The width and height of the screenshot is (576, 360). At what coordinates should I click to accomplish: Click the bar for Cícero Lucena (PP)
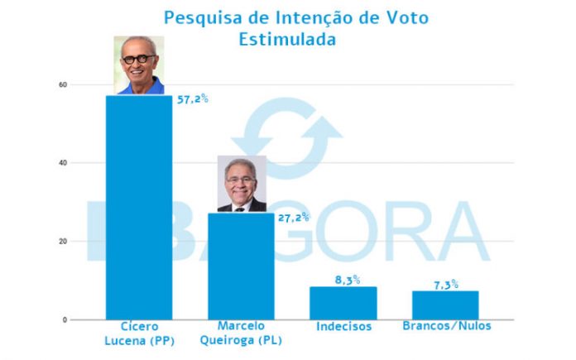139,207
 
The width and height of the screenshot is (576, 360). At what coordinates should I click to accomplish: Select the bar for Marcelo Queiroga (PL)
241,266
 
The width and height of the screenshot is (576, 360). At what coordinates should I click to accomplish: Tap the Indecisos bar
343,303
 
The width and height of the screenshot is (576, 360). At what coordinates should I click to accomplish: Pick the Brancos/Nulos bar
445,305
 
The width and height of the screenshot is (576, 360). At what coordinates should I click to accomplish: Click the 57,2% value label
192,98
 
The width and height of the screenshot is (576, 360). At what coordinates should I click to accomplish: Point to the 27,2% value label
293,217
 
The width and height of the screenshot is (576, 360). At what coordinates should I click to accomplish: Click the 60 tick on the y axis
62,84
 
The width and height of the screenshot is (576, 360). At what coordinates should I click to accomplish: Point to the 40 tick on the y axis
62,163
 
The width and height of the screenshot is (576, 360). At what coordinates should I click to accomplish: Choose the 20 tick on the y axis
62,242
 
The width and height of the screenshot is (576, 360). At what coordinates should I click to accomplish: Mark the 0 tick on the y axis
65,319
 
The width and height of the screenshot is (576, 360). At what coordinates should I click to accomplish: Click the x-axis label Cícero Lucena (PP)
139,333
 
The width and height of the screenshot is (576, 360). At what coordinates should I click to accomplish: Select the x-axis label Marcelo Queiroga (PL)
241,333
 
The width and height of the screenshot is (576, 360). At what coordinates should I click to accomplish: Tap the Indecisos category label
343,327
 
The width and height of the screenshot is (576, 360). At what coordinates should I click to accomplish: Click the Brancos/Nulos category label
445,326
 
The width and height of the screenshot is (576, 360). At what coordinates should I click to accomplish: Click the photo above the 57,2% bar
138,65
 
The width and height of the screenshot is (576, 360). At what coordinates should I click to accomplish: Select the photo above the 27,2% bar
241,184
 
